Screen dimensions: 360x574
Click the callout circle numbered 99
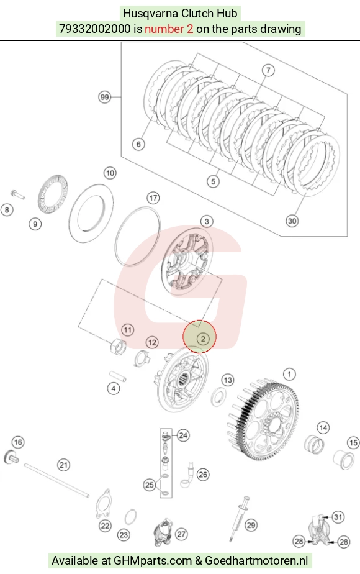point(105,97)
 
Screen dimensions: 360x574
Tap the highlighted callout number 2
point(203,339)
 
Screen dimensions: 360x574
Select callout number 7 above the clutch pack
point(268,70)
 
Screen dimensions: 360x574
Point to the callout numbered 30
point(292,221)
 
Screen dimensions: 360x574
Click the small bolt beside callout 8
point(17,194)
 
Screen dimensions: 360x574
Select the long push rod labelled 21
point(56,480)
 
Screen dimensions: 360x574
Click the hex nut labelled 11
point(118,347)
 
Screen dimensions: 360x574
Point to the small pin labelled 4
point(118,376)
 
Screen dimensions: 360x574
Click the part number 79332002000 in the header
point(95,29)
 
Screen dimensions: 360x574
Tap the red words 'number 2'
point(169,29)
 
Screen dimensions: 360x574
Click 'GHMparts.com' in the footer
point(153,560)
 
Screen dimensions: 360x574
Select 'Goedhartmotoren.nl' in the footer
point(256,560)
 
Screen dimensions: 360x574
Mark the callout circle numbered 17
point(153,198)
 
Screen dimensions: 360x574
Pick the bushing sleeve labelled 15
point(343,459)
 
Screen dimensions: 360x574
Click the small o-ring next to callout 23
point(130,517)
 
